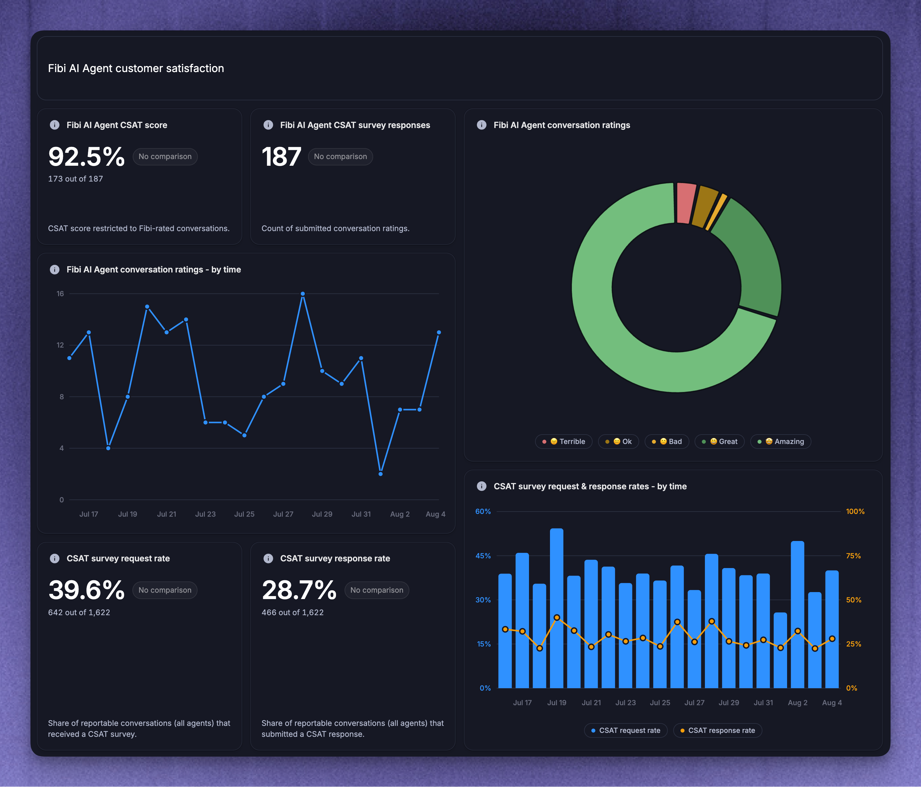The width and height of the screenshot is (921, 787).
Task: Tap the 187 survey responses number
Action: [x=281, y=157]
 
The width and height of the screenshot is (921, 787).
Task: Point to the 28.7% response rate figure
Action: [x=299, y=590]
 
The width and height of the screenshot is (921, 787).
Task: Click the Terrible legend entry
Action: [x=564, y=442]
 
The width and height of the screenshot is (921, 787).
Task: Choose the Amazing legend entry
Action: [x=781, y=442]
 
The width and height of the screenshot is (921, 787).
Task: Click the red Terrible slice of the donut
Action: [x=686, y=203]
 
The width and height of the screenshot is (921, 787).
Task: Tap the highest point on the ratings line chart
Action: [x=303, y=293]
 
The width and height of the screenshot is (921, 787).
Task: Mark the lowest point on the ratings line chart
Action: [x=380, y=474]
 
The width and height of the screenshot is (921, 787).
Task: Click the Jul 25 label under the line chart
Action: [x=244, y=514]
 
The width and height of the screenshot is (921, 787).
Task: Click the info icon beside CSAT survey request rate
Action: [x=55, y=558]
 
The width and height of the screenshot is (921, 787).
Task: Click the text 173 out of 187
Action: [x=75, y=179]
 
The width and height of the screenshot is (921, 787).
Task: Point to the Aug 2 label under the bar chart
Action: [x=797, y=703]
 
